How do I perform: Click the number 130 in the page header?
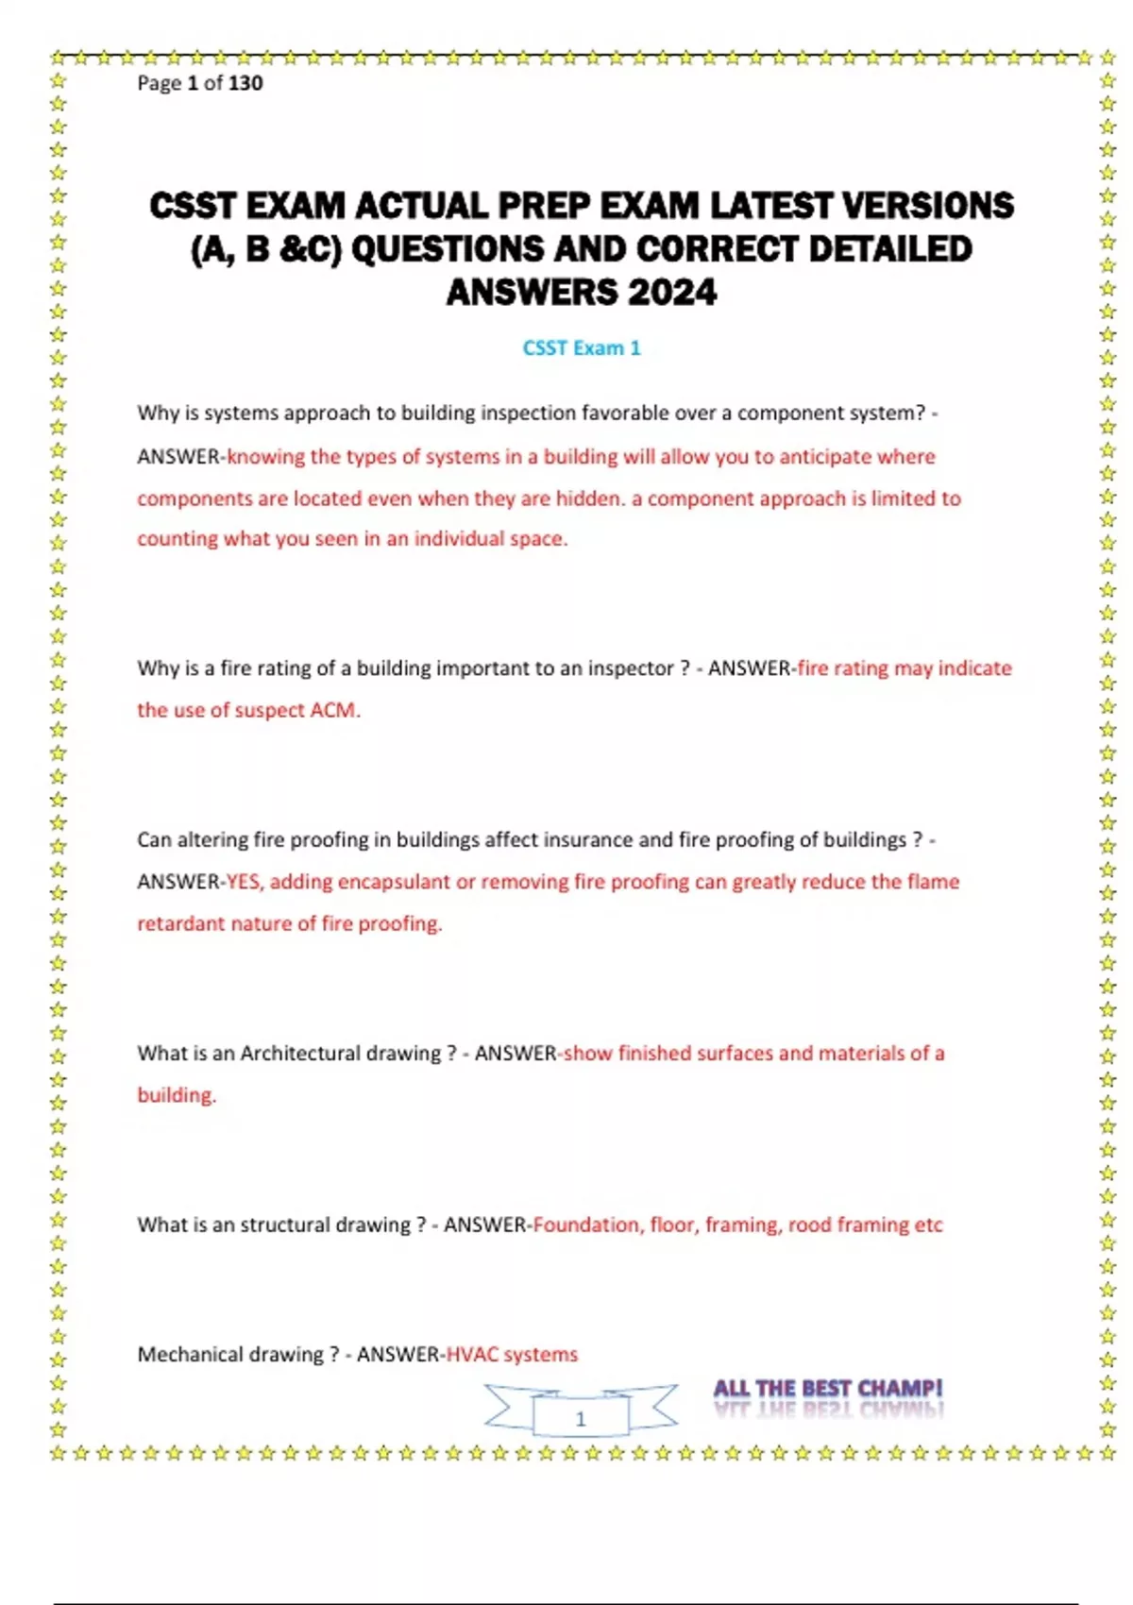(x=245, y=83)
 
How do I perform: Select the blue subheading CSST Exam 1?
(x=582, y=348)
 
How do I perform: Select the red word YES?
(x=245, y=882)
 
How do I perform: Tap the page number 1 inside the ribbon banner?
(x=581, y=1419)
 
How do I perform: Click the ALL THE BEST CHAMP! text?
(x=827, y=1389)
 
